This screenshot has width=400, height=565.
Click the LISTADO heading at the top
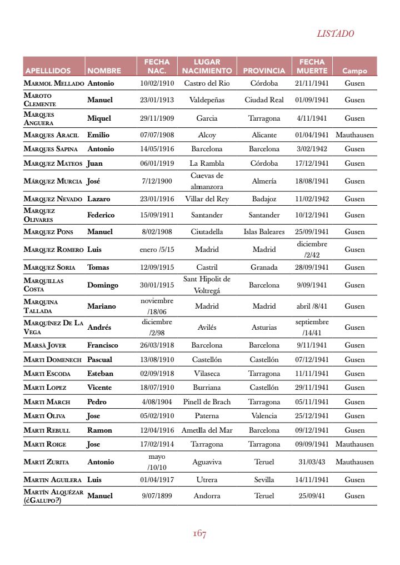(335, 33)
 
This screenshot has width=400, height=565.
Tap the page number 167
(199, 534)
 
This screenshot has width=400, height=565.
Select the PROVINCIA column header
(264, 71)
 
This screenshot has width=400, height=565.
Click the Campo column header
(354, 71)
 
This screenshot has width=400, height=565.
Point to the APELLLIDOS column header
(48, 71)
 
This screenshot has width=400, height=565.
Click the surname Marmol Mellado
(54, 83)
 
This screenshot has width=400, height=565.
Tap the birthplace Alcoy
(207, 135)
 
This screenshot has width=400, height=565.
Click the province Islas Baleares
(264, 232)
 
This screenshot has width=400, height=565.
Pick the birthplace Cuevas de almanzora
(207, 181)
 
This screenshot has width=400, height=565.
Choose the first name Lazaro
(98, 199)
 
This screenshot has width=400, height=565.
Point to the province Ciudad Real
(264, 100)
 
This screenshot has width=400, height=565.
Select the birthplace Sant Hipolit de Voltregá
(207, 285)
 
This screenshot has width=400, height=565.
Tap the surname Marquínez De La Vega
(53, 327)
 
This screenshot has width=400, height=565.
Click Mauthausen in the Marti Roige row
(354, 444)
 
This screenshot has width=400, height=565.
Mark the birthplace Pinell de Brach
(207, 402)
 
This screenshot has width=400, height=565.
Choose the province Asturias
(264, 328)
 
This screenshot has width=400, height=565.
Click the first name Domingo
(103, 285)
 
